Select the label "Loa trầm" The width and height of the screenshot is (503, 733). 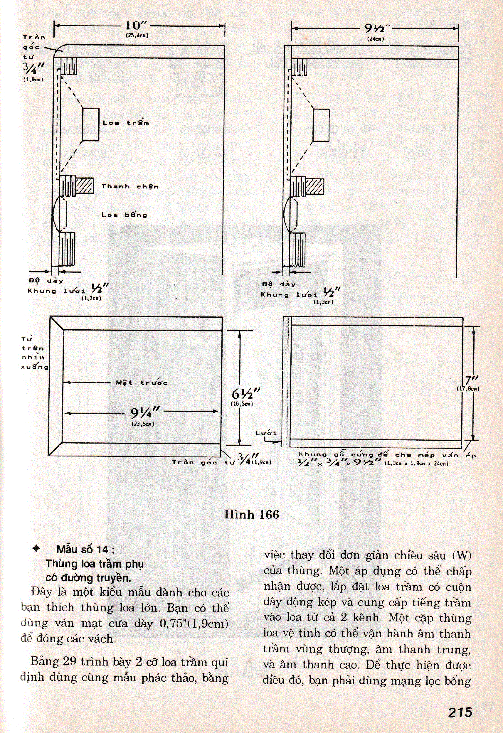[x=126, y=123]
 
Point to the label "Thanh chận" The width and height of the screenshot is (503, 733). [x=130, y=186]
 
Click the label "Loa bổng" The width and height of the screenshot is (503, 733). [x=124, y=215]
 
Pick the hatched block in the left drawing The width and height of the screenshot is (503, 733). [x=85, y=186]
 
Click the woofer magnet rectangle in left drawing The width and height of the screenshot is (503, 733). [x=90, y=124]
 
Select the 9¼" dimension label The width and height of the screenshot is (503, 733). [x=145, y=412]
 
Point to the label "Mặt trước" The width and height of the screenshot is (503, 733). [x=141, y=383]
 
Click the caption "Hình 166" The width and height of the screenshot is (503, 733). [x=251, y=514]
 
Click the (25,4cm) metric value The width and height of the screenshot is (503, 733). [x=137, y=36]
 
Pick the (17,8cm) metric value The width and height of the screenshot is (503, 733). [x=468, y=389]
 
